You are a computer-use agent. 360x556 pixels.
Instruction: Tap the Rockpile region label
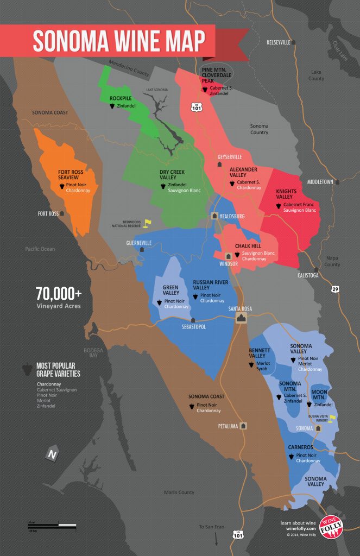121,98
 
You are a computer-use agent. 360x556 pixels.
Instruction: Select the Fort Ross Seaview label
71,176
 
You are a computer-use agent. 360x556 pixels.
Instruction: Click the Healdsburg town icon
214,216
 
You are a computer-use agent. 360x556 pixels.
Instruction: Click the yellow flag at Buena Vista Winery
333,418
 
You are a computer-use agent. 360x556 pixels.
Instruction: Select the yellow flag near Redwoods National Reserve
146,223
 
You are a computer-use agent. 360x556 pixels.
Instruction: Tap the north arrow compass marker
52,454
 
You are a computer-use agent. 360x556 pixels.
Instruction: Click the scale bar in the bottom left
52,525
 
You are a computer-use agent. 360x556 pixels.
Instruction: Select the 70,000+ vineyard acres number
59,294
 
